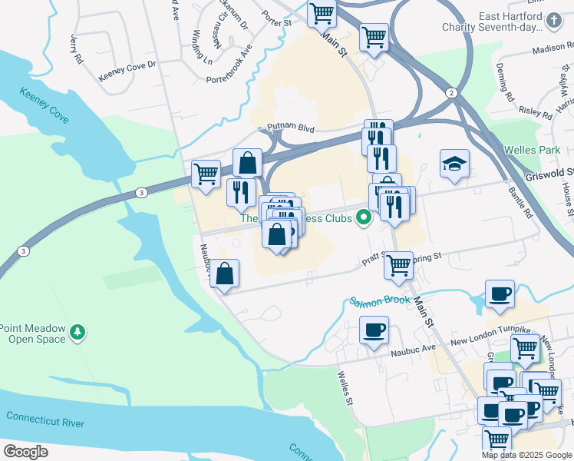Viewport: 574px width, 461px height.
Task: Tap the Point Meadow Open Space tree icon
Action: tap(77, 332)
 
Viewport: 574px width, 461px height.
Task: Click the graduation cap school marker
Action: tap(454, 164)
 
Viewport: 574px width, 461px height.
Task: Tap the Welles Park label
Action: tap(536, 149)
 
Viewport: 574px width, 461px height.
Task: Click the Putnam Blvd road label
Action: tap(292, 128)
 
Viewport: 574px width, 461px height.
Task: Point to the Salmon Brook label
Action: tap(381, 300)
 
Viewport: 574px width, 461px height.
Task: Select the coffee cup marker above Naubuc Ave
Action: tap(374, 330)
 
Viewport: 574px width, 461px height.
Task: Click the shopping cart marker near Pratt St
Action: tap(398, 266)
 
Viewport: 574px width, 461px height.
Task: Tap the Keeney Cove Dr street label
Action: tap(127, 71)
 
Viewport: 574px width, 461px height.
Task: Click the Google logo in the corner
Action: tap(25, 452)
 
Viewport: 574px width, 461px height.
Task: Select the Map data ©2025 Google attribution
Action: tap(526, 455)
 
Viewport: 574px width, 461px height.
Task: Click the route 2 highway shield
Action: tap(452, 93)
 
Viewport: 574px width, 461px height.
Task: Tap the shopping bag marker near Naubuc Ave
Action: tap(224, 274)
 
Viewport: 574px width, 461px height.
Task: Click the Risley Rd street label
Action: tap(536, 112)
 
